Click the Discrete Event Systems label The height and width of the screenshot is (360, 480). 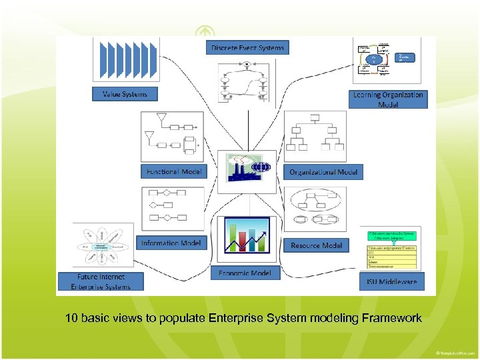tap(247, 47)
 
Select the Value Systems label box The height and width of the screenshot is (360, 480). tap(125, 94)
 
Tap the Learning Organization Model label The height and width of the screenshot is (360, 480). tap(387, 99)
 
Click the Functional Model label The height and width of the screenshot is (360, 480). tap(173, 171)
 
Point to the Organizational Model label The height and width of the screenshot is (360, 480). tap(323, 172)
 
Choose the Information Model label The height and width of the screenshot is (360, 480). tap(171, 243)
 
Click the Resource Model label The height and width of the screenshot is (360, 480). tap(316, 245)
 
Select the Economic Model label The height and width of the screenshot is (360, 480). tap(245, 273)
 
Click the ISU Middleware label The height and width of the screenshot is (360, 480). tap(391, 282)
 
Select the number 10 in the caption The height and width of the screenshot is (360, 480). tap(71, 318)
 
